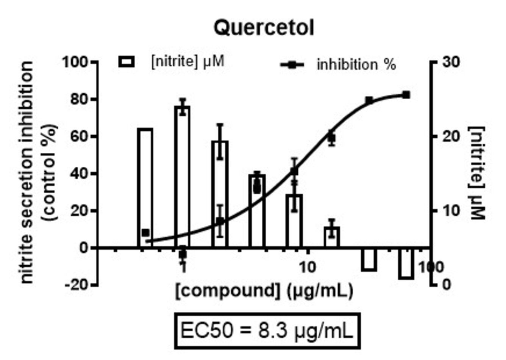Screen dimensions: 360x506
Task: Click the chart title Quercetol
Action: coord(264,28)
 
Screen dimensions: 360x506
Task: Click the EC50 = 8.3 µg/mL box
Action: coord(266,330)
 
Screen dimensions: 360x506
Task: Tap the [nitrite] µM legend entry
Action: coord(172,61)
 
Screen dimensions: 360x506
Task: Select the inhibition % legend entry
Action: coord(339,65)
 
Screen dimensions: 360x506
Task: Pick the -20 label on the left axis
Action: coord(77,285)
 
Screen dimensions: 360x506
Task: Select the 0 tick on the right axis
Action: coord(447,285)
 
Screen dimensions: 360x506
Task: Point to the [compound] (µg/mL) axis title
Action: coord(264,291)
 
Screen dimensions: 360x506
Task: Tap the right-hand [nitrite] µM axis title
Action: coord(478,172)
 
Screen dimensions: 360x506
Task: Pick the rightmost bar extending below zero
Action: coord(406,263)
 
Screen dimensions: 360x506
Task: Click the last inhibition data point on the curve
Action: coord(406,95)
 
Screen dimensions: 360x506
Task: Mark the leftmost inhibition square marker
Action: coord(145,232)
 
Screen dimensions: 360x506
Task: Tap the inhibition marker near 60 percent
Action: coord(332,138)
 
